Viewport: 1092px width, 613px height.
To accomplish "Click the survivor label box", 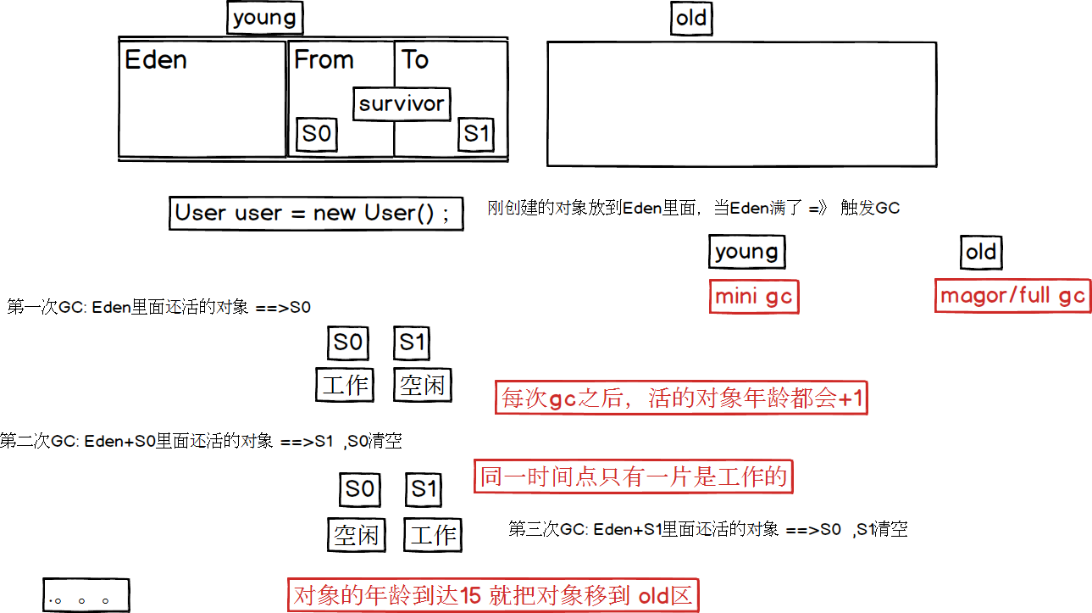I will (402, 104).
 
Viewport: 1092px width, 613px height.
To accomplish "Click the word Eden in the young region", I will (156, 60).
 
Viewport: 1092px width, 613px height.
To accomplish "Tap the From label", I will (324, 60).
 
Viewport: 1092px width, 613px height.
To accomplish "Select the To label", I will (415, 60).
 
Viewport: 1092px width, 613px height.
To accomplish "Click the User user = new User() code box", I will (316, 213).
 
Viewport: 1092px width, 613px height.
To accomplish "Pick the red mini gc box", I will (754, 297).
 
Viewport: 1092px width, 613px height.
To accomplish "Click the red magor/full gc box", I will (1012, 296).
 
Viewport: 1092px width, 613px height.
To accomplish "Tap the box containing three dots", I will (86, 595).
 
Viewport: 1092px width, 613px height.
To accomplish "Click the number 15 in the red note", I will (471, 596).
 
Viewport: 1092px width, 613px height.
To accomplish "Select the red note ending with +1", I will (683, 398).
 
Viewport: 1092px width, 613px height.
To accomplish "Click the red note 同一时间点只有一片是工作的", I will (634, 477).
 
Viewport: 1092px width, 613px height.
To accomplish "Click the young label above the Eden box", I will (265, 19).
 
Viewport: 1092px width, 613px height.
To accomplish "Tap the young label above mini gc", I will (746, 252).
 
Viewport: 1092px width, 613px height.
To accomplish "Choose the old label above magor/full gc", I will (981, 252).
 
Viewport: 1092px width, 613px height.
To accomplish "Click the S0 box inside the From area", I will (317, 134).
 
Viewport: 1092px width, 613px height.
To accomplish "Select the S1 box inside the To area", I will (475, 134).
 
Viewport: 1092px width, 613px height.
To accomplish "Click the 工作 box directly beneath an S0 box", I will (346, 386).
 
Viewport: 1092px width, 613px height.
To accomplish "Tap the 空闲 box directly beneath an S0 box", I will (356, 535).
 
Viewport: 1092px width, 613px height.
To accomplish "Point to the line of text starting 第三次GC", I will (707, 530).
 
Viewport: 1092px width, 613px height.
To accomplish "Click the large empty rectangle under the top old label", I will (741, 103).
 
